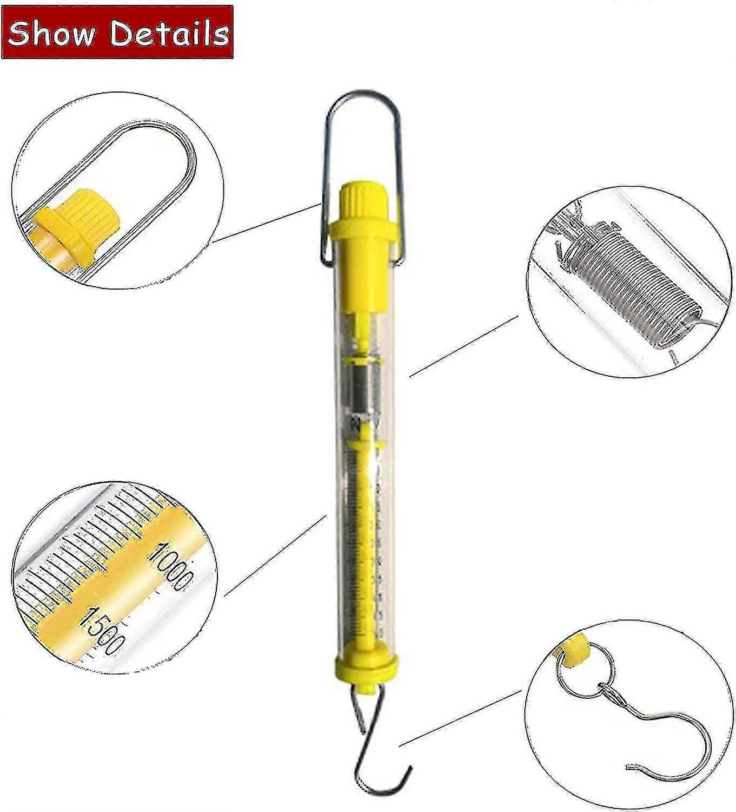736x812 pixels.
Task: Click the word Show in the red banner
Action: [x=51, y=34]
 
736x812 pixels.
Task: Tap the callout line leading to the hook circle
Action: [x=460, y=717]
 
